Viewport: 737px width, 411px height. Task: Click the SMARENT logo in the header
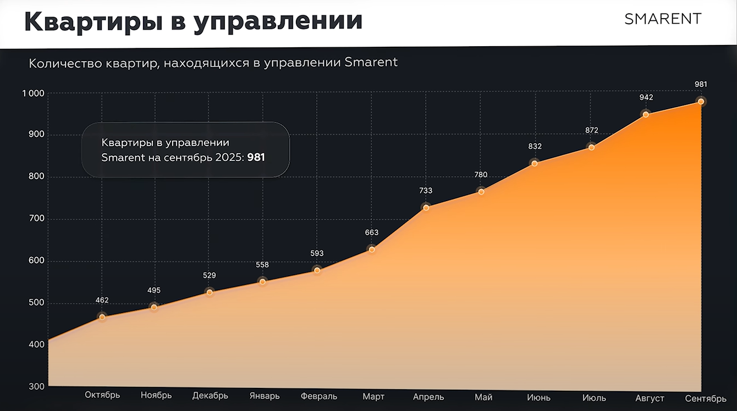[663, 19]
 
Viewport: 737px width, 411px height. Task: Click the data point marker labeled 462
[102, 317]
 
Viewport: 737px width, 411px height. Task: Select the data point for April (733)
[426, 207]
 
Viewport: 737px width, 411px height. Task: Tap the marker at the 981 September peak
[701, 101]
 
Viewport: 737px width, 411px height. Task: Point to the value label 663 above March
[372, 233]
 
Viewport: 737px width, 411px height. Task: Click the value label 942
[646, 97]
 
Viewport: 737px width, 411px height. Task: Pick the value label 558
[262, 265]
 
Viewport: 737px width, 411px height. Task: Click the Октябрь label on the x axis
[102, 395]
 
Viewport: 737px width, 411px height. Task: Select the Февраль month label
[319, 396]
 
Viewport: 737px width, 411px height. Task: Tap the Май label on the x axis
[483, 397]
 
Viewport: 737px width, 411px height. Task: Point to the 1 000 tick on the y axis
[33, 93]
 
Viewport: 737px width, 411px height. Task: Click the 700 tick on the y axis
[36, 219]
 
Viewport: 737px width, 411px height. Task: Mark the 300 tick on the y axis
[36, 386]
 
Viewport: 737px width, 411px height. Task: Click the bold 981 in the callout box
[256, 158]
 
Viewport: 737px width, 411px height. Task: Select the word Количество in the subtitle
[61, 63]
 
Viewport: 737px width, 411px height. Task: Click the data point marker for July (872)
[591, 147]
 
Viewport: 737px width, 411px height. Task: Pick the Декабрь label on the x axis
[210, 396]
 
